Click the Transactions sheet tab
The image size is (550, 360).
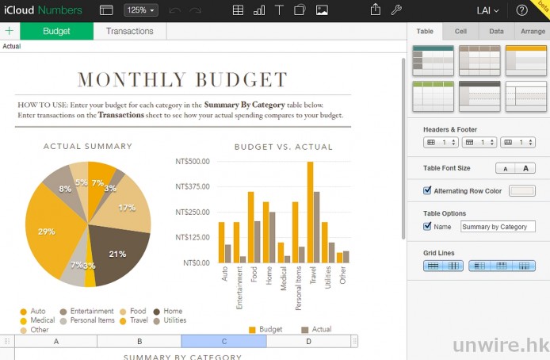[130, 31]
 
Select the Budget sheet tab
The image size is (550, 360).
[56, 31]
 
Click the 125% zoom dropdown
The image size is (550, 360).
[141, 10]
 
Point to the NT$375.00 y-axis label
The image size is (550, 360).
[191, 186]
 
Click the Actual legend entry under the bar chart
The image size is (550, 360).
[316, 329]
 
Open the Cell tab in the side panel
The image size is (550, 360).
[460, 31]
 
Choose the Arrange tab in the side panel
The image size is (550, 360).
[531, 31]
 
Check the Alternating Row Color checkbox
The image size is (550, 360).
[428, 190]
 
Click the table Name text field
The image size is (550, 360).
[498, 227]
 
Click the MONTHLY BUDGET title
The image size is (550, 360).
[182, 79]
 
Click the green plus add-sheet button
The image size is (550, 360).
[10, 31]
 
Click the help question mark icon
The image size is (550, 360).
[521, 10]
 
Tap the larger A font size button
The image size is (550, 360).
[525, 168]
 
